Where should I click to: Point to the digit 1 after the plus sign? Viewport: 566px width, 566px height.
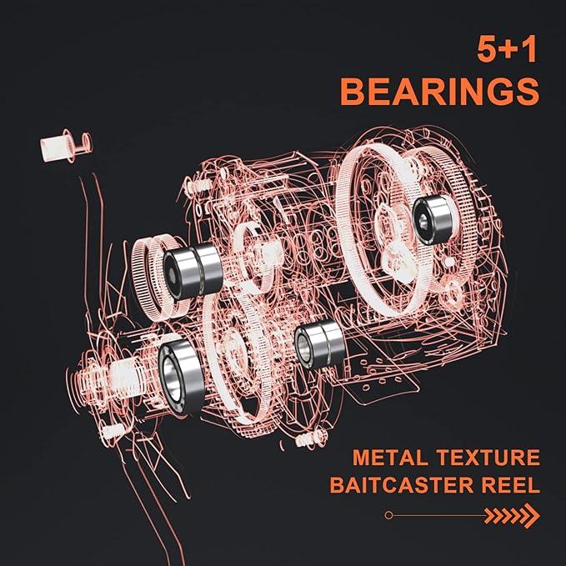528,49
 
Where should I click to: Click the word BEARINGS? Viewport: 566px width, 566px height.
439,92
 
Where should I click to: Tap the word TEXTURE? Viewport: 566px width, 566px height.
488,458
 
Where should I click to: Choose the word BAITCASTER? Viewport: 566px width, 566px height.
402,485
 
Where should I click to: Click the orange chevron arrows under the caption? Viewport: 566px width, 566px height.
512,515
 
